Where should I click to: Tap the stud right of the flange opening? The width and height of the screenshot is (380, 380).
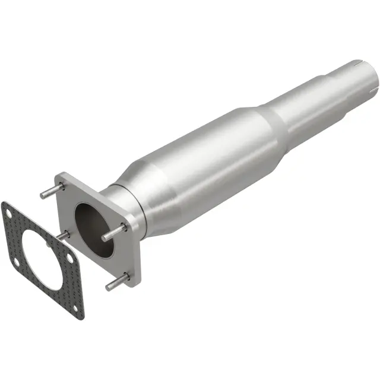[114, 233]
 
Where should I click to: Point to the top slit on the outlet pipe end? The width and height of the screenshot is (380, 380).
[357, 62]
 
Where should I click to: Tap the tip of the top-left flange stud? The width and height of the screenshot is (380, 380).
[42, 195]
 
